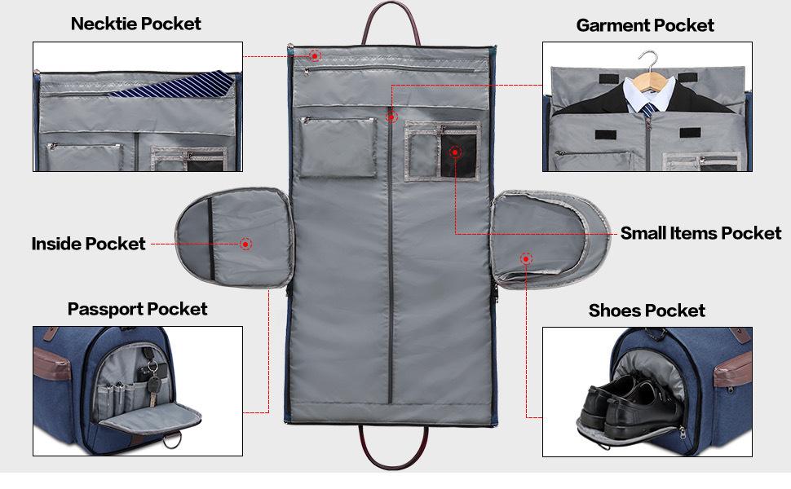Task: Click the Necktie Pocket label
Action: pyautogui.click(x=135, y=23)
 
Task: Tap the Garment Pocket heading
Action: pyautogui.click(x=644, y=25)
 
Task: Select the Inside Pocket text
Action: pyautogui.click(x=88, y=244)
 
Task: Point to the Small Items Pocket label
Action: pyautogui.click(x=700, y=233)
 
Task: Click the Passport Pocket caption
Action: pyautogui.click(x=137, y=309)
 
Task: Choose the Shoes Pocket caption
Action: pyautogui.click(x=647, y=311)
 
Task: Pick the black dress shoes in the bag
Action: pyautogui.click(x=624, y=403)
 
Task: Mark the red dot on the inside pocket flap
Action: pyautogui.click(x=245, y=244)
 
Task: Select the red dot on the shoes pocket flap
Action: pyautogui.click(x=526, y=258)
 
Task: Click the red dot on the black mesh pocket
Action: pyautogui.click(x=454, y=152)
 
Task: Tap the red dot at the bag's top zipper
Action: pyautogui.click(x=315, y=55)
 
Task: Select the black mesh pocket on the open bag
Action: pyautogui.click(x=457, y=155)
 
